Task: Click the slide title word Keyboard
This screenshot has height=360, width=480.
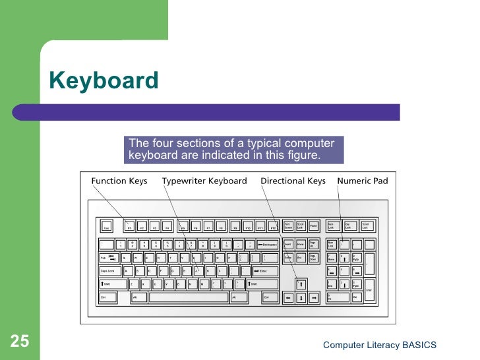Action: tap(104, 80)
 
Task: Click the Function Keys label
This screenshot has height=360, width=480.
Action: tap(119, 181)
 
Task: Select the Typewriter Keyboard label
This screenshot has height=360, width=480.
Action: tap(204, 181)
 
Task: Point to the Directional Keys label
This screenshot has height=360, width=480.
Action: tap(293, 181)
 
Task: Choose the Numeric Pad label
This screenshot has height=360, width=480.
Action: tap(363, 181)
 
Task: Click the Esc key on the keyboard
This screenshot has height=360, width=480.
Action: tap(106, 227)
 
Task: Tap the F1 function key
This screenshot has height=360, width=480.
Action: tap(130, 227)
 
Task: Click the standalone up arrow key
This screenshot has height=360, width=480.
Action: tap(300, 284)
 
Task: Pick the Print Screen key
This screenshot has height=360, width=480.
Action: tap(288, 226)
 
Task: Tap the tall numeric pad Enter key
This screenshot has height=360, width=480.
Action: tap(369, 290)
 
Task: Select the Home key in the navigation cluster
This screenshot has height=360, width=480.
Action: tap(300, 244)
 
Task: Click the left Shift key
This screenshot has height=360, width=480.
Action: tap(112, 284)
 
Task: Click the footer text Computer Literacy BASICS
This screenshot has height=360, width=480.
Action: tap(379, 345)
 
